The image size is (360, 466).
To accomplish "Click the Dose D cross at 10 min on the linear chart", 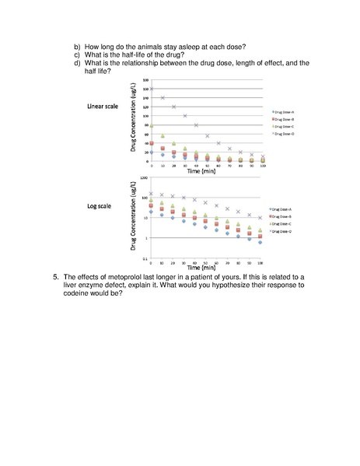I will [x=163, y=98].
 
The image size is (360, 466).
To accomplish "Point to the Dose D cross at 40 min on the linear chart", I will [x=196, y=125].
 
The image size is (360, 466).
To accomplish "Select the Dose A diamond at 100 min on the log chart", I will [x=260, y=243].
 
